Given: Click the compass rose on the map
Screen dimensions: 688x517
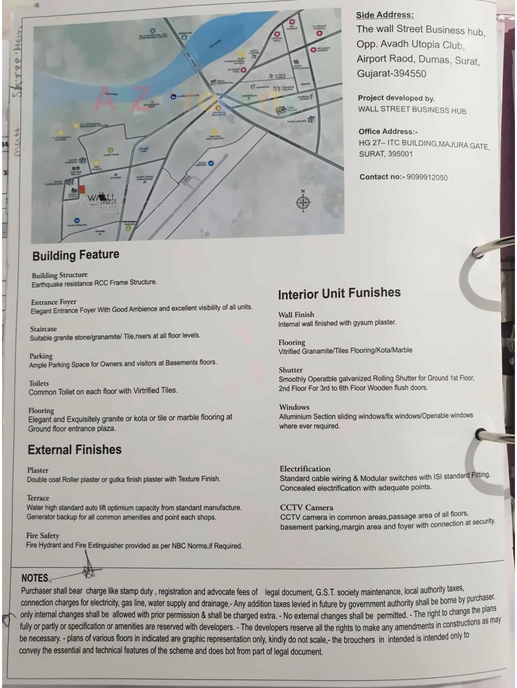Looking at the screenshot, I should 303,202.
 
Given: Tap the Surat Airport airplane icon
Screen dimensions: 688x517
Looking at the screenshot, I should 211,163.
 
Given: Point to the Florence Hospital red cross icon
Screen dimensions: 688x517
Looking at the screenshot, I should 319,33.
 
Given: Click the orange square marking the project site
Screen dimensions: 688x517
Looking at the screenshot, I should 82,189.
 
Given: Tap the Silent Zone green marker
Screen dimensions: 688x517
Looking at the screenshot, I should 110,150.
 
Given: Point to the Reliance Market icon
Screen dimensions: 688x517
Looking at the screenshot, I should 315,49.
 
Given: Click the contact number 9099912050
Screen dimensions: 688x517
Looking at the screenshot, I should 427,177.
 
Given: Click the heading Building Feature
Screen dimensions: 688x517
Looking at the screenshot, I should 76,255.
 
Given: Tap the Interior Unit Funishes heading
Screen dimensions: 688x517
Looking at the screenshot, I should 339,293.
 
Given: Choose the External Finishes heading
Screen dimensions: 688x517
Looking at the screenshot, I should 74,450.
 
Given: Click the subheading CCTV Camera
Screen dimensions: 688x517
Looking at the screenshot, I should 306,507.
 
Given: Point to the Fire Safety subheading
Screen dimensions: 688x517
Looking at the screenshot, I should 43,536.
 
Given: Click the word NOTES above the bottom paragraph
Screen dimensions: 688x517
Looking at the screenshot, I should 35,578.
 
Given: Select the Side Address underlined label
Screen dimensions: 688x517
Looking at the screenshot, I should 384,15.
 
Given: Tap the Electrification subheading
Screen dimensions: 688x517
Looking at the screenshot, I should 305,469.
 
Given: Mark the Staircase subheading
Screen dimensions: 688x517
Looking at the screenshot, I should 43,329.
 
